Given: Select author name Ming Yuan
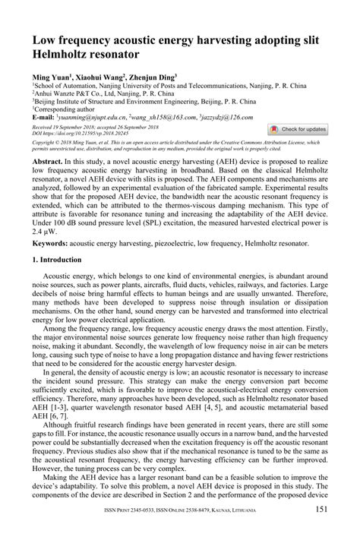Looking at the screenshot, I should click(49, 77).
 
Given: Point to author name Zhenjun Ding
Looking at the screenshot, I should click(153, 77).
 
